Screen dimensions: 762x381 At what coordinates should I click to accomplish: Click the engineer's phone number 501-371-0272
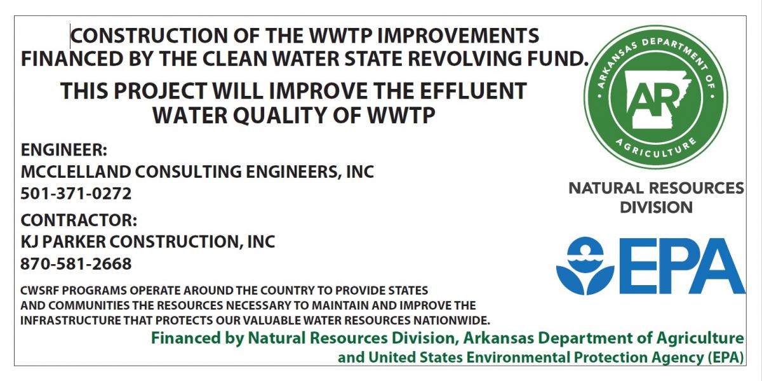[x=76, y=194]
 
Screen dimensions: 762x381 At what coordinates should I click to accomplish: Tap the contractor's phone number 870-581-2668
[x=76, y=264]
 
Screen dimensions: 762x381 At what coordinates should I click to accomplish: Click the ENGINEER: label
[x=64, y=150]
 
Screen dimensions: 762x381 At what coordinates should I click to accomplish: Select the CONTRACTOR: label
[x=79, y=220]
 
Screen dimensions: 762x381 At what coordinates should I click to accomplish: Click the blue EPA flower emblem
[x=585, y=265]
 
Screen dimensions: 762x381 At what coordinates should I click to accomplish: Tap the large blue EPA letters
[x=682, y=265]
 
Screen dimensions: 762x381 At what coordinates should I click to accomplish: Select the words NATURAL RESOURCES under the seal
[x=656, y=188]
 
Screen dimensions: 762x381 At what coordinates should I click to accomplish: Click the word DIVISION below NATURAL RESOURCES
[x=656, y=207]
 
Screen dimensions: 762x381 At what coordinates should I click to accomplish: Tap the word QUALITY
[x=280, y=116]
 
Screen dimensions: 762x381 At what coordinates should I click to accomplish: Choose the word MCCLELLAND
[x=76, y=172]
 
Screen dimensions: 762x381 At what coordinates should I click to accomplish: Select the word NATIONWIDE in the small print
[x=451, y=321]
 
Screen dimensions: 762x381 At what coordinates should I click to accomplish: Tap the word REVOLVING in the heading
[x=464, y=58]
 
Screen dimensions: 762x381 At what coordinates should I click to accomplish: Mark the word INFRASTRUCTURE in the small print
[x=70, y=321]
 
